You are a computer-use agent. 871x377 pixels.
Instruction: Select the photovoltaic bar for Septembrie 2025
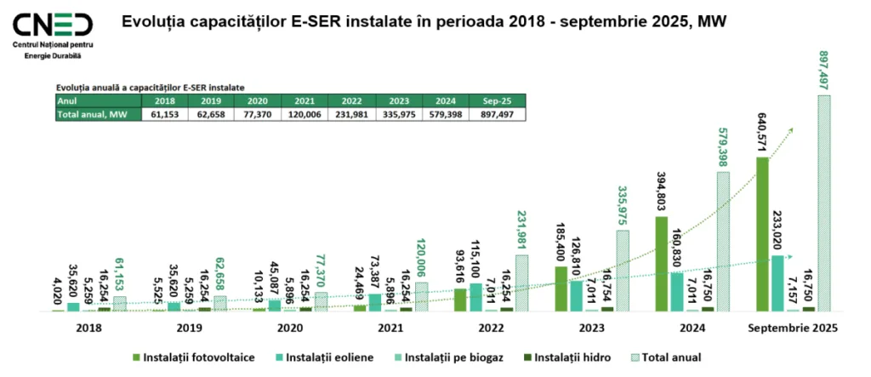(x=762, y=234)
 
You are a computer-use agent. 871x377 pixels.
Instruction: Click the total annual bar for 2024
(x=722, y=242)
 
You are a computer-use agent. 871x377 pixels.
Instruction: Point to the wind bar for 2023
(x=577, y=295)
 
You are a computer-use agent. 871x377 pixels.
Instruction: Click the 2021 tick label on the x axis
(x=390, y=328)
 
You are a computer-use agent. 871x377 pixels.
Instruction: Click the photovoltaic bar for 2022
(x=460, y=300)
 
